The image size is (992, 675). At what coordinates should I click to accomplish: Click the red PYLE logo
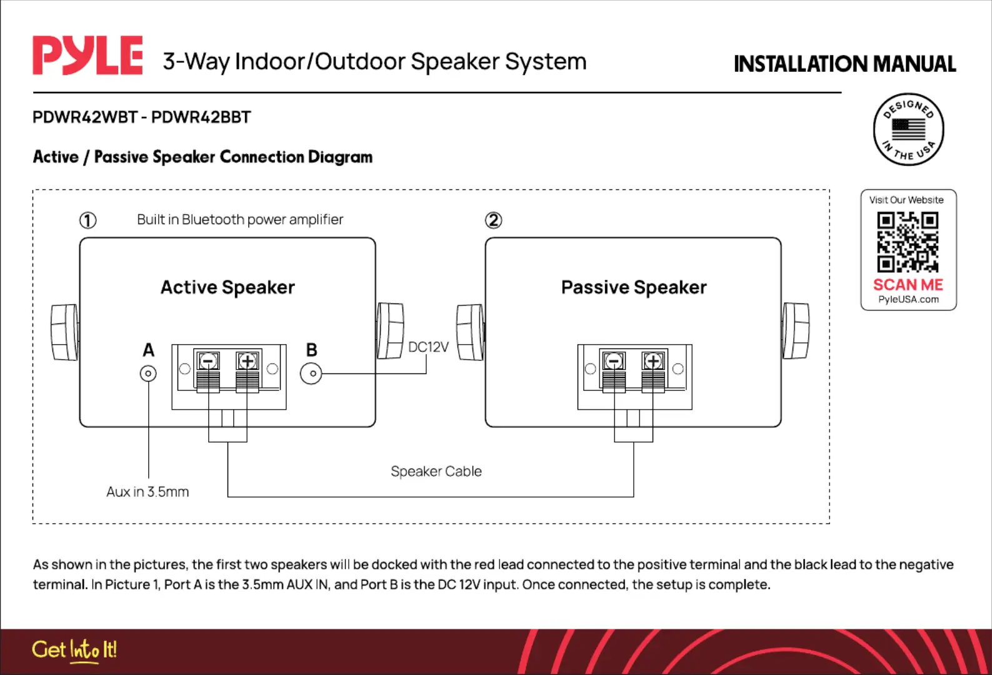(x=88, y=56)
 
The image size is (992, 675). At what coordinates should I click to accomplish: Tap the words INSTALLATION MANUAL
(x=845, y=64)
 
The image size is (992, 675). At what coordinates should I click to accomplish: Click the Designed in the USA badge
(x=908, y=129)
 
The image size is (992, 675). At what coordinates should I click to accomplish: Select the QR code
(x=908, y=242)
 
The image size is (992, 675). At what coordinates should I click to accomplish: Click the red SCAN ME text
(x=908, y=284)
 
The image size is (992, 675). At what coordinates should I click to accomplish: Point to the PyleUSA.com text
(x=908, y=300)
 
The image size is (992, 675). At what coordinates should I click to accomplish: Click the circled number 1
(x=88, y=220)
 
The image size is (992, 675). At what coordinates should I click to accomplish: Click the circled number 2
(x=493, y=220)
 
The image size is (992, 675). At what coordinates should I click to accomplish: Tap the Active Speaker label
(x=228, y=287)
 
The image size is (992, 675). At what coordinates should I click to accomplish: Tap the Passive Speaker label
(x=634, y=287)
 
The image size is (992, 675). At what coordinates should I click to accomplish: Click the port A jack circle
(x=148, y=373)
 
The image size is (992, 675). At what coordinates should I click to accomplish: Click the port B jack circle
(x=311, y=373)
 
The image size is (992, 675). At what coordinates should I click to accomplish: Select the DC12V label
(x=428, y=347)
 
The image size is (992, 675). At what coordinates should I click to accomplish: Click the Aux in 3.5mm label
(x=148, y=491)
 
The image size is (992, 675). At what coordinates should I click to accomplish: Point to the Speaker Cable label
(x=436, y=471)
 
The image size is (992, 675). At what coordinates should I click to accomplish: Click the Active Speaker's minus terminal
(x=208, y=362)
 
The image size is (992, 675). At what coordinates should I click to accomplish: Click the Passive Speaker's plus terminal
(x=653, y=362)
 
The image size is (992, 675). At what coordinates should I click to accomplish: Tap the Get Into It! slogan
(x=74, y=650)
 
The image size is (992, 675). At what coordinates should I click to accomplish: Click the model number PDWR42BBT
(x=201, y=117)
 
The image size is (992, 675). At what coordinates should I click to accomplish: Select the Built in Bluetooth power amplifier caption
(x=240, y=219)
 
